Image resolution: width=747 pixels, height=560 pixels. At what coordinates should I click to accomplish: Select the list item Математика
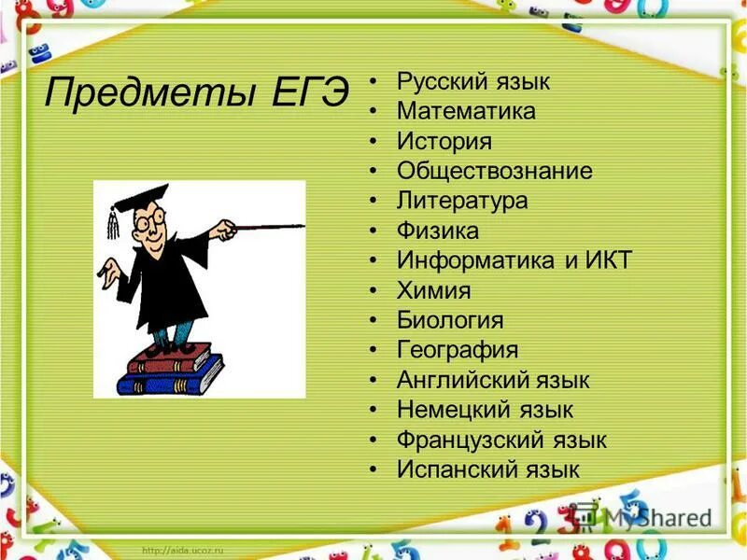pos(466,112)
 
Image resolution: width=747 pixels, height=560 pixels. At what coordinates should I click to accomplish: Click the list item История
pos(444,142)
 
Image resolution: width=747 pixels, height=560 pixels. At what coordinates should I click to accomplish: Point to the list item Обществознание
pos(494,171)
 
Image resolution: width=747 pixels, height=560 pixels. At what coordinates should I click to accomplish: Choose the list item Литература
pos(462,200)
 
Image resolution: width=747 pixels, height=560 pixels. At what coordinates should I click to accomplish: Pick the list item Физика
pos(437,230)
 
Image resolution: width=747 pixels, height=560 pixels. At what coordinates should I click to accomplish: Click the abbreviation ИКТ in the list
pos(610,259)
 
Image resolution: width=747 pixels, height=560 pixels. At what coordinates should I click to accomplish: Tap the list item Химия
pos(433,290)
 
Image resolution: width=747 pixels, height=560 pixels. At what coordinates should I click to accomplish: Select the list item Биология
pos(450,320)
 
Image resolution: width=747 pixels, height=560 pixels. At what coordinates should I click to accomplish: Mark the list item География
pos(457,350)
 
